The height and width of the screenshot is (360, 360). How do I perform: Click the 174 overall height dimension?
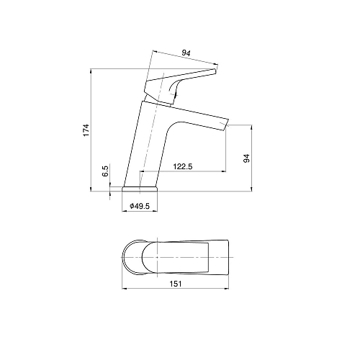(x=86, y=130)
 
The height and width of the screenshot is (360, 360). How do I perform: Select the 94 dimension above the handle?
(x=186, y=53)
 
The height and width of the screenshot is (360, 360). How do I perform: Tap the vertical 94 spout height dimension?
(x=247, y=158)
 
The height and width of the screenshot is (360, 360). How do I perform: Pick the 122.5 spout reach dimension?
(x=183, y=166)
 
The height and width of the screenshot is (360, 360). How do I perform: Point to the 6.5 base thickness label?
(x=106, y=171)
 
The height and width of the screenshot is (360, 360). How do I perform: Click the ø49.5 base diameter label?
(x=140, y=206)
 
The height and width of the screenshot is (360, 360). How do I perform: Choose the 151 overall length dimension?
(x=176, y=284)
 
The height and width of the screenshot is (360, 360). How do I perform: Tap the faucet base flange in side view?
(x=140, y=189)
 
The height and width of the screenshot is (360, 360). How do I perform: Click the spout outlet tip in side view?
(x=225, y=125)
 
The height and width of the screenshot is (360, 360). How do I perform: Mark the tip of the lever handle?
(x=215, y=71)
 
